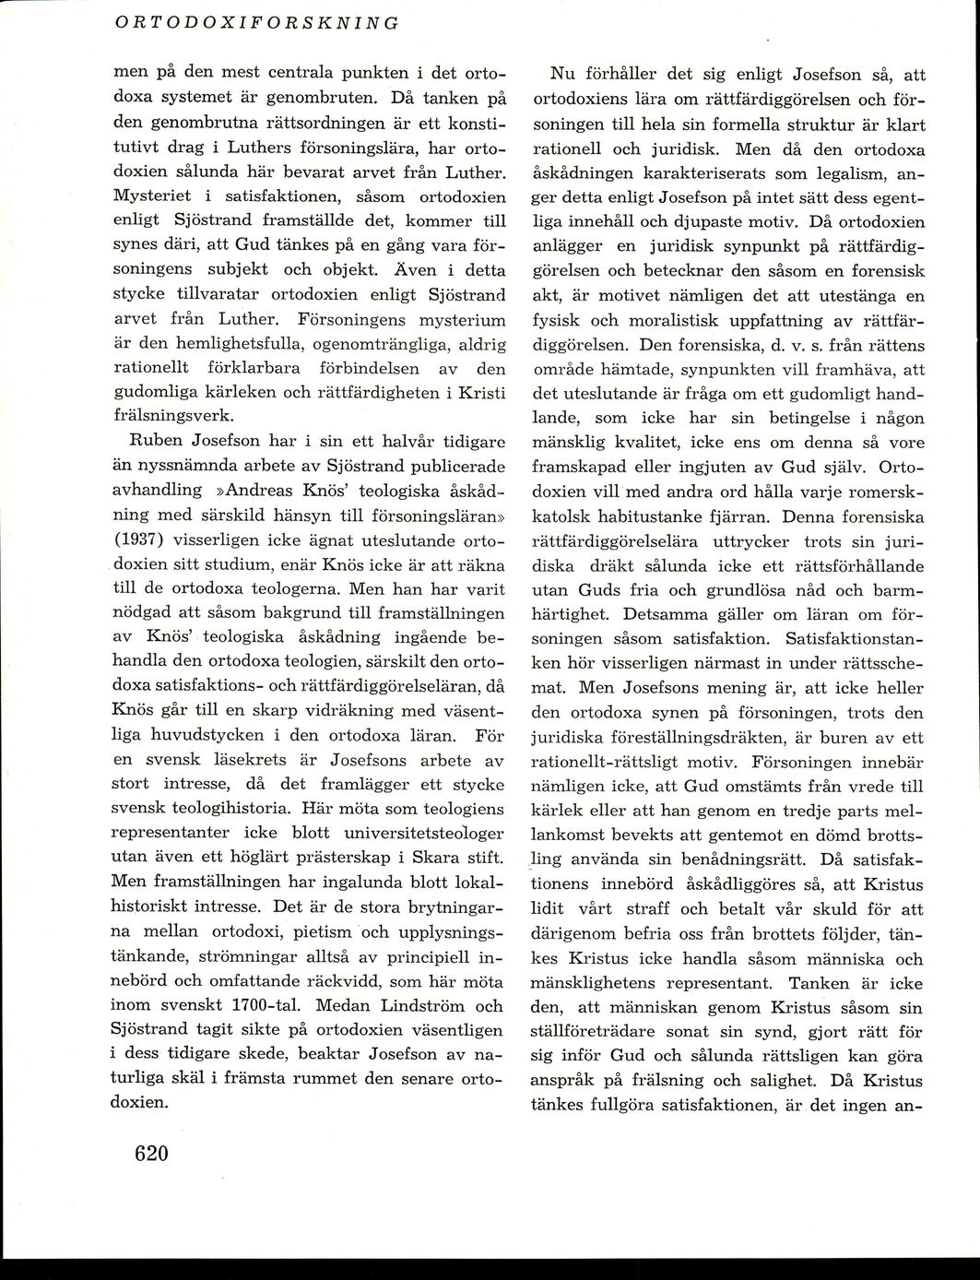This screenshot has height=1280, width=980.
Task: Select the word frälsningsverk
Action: (172, 414)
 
